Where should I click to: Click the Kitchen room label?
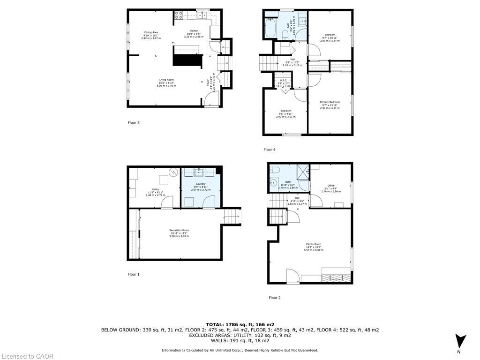(194, 31)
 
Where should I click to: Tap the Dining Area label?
(151, 32)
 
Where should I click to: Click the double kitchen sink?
(203, 15)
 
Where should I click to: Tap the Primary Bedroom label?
(330, 102)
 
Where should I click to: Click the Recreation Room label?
(179, 230)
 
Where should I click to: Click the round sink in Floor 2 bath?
(272, 183)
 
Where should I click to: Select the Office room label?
(331, 186)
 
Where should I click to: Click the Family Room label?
(314, 245)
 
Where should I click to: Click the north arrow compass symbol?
(461, 341)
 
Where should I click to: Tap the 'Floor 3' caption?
(134, 123)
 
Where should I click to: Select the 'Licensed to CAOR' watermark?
(27, 356)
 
